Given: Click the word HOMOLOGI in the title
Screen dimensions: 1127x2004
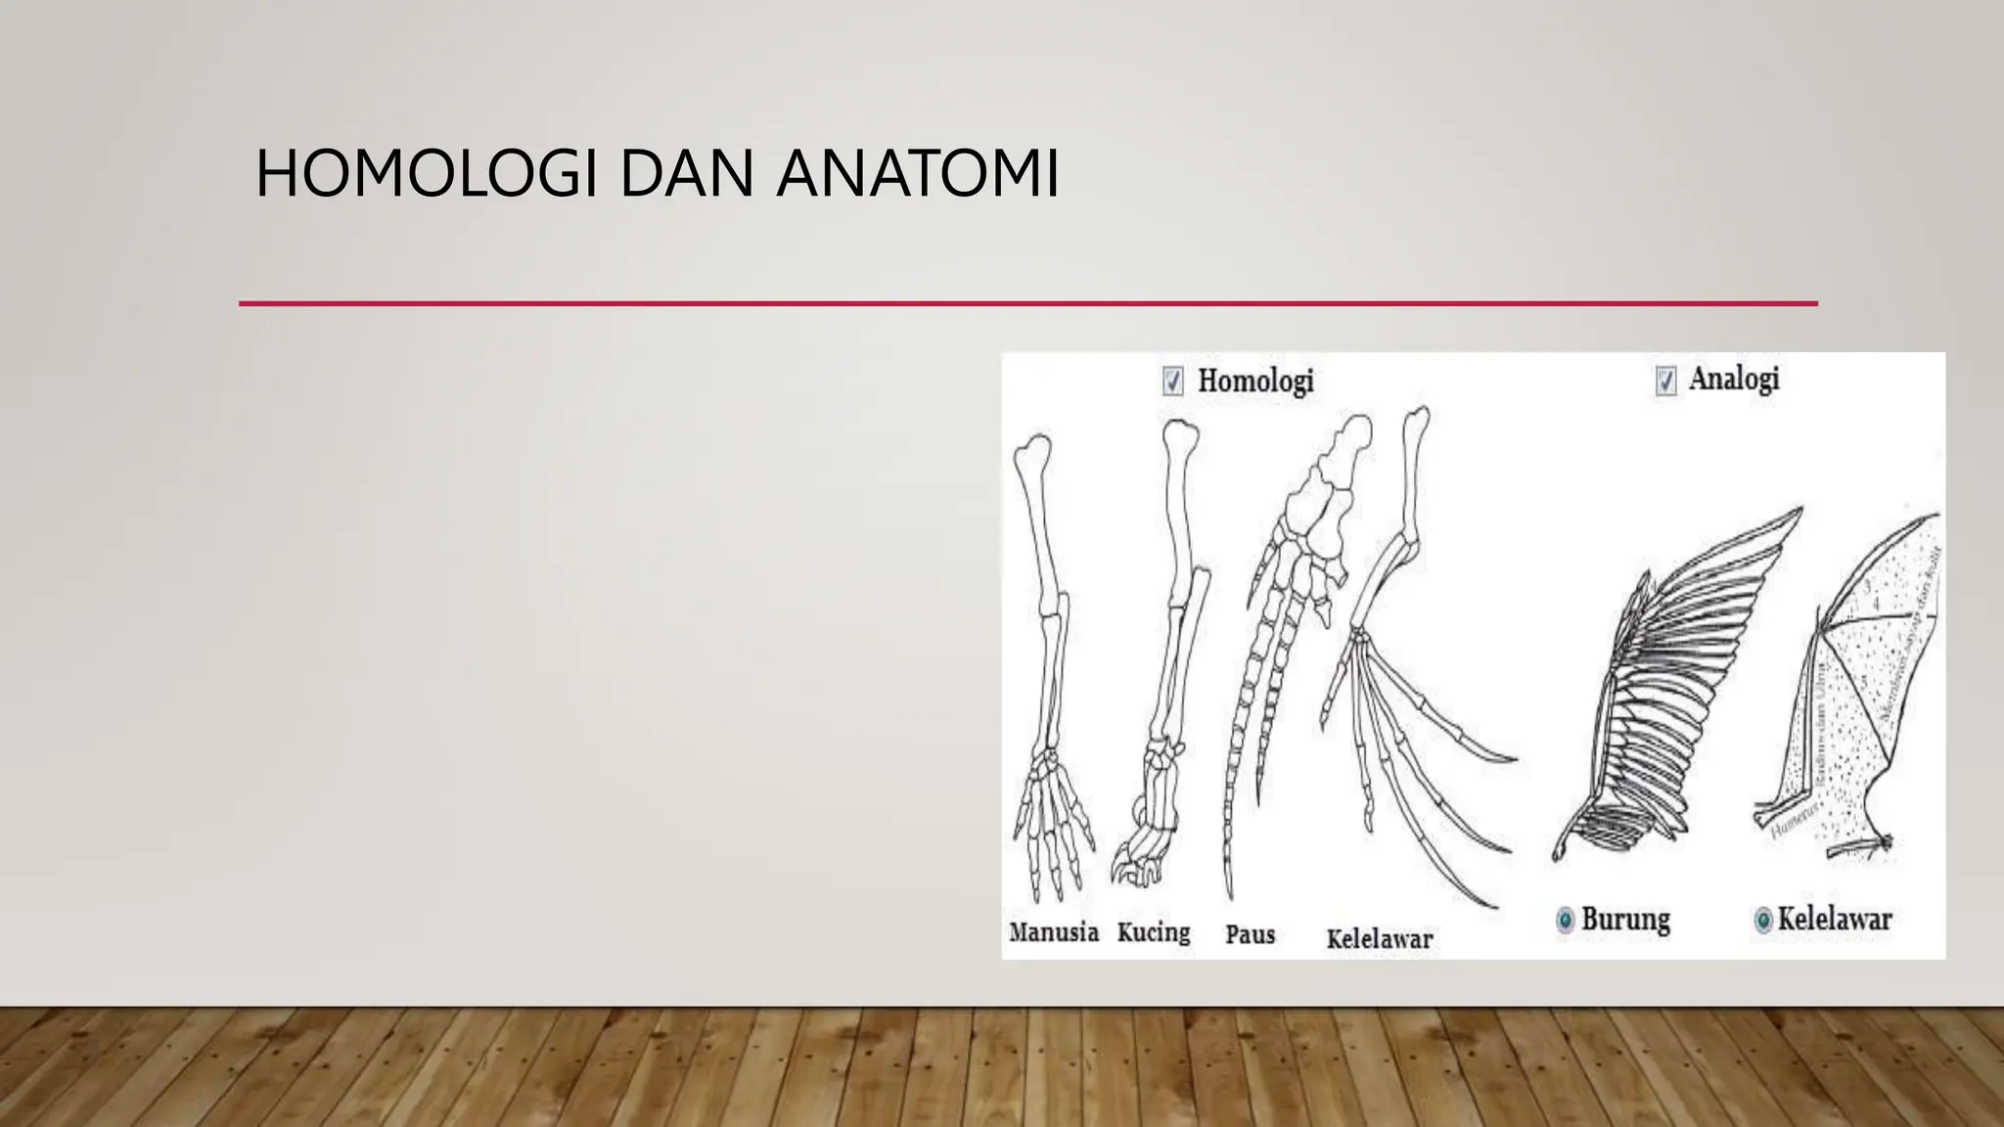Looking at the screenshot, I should pyautogui.click(x=426, y=174).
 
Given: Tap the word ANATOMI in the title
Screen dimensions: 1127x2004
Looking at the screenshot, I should pyautogui.click(x=917, y=174).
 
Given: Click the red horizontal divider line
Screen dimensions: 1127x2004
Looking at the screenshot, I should pyautogui.click(x=1027, y=304).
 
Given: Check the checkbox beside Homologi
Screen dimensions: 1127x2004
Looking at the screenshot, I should pyautogui.click(x=1172, y=381).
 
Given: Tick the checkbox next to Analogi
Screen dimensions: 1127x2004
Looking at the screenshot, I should pyautogui.click(x=1665, y=380).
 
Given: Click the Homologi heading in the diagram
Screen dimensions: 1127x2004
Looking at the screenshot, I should pyautogui.click(x=1255, y=381).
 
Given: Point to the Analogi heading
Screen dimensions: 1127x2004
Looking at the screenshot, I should pyautogui.click(x=1734, y=379).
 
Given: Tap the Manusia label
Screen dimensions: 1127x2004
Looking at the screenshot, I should pyautogui.click(x=1054, y=932).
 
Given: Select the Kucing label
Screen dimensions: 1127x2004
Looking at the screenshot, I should pyautogui.click(x=1154, y=932).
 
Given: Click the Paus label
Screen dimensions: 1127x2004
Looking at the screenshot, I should pyautogui.click(x=1251, y=935).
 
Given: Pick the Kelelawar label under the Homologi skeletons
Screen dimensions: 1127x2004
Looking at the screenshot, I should pyautogui.click(x=1380, y=939).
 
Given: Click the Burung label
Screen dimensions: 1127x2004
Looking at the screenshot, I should pyautogui.click(x=1625, y=920).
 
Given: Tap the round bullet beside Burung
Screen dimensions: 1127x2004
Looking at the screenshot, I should pyautogui.click(x=1565, y=920).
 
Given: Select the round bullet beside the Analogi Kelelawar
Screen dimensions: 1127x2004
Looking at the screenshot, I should pyautogui.click(x=1763, y=920).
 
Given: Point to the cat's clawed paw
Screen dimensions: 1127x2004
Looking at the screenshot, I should pyautogui.click(x=1140, y=851).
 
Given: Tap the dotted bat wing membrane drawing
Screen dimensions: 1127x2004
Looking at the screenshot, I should pyautogui.click(x=1849, y=704).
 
